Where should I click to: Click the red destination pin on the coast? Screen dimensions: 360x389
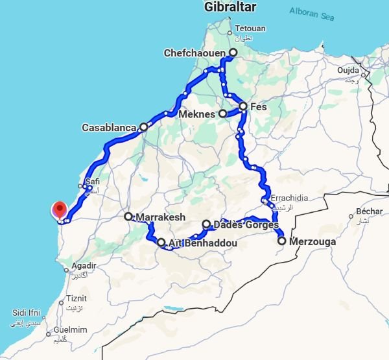(x=60, y=210)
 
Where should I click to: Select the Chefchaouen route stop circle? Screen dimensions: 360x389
(x=233, y=53)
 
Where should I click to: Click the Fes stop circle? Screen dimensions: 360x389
(x=243, y=106)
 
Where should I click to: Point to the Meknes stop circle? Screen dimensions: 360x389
(x=222, y=114)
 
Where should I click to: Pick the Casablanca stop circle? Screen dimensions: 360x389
(x=143, y=128)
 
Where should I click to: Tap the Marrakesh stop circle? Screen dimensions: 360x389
(x=128, y=217)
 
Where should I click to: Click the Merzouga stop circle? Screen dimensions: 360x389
(x=282, y=241)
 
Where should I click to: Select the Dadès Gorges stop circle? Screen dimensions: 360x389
(x=206, y=224)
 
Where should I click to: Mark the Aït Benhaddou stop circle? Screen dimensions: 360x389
(x=161, y=243)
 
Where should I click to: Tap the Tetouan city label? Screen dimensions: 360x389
(x=250, y=29)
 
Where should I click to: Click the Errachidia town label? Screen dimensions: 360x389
(x=289, y=198)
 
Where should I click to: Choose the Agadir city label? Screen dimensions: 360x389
(x=84, y=265)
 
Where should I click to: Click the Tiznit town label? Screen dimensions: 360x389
(x=75, y=298)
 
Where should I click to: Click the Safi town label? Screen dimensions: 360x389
(x=92, y=182)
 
